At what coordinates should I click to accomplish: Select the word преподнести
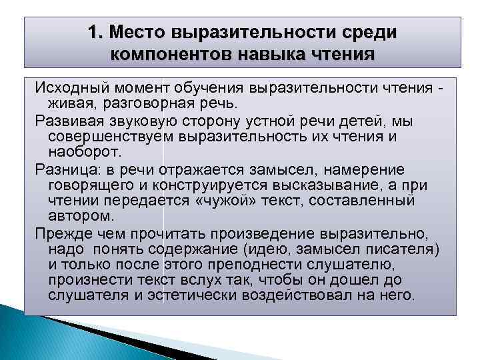point(274,263)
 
